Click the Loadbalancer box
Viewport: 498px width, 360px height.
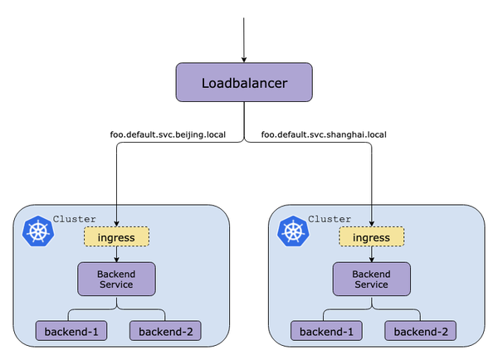point(244,84)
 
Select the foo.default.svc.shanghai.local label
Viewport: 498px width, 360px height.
point(324,134)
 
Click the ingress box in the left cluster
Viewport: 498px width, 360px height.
point(116,237)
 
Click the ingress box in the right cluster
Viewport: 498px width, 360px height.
point(372,237)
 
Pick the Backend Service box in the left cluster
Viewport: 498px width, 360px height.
point(116,278)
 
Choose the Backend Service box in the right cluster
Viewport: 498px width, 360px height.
point(372,278)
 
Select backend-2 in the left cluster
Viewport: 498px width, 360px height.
point(165,332)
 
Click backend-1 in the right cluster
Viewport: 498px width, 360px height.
point(325,332)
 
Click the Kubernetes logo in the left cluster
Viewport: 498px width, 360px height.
point(37,231)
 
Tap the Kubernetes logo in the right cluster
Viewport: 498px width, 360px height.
point(293,231)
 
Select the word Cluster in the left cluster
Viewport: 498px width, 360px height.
point(74,219)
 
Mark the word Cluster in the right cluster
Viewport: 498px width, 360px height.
point(330,219)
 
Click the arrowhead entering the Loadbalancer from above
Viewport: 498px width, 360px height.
point(244,58)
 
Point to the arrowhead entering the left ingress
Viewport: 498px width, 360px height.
point(116,222)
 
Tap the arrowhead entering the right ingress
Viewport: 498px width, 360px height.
point(372,222)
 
